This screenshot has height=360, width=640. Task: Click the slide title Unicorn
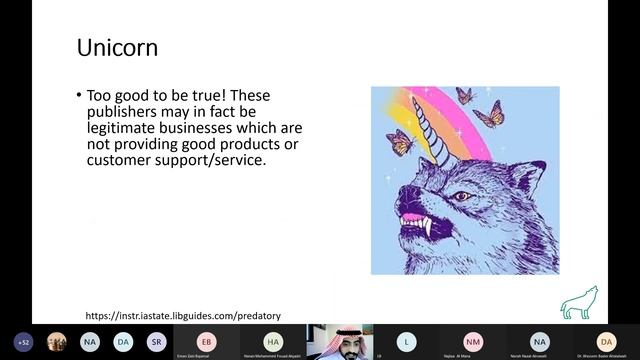coord(117,47)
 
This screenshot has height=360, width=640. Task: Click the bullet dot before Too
coord(79,96)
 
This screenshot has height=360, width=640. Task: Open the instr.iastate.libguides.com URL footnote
coord(183,316)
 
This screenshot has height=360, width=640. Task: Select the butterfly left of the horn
coord(400,141)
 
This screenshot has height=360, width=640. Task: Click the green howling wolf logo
coord(573,301)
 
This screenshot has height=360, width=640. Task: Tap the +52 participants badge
coord(23,341)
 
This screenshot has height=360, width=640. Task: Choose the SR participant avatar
coord(156,341)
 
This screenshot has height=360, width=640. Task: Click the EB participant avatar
coord(207,341)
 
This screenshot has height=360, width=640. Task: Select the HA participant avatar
coord(273,341)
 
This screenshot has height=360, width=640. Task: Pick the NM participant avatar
coord(473,341)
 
